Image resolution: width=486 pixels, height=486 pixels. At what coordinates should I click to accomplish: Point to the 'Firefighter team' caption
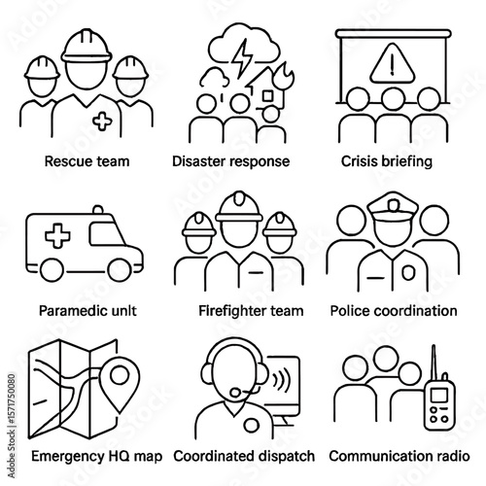tap(243, 311)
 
